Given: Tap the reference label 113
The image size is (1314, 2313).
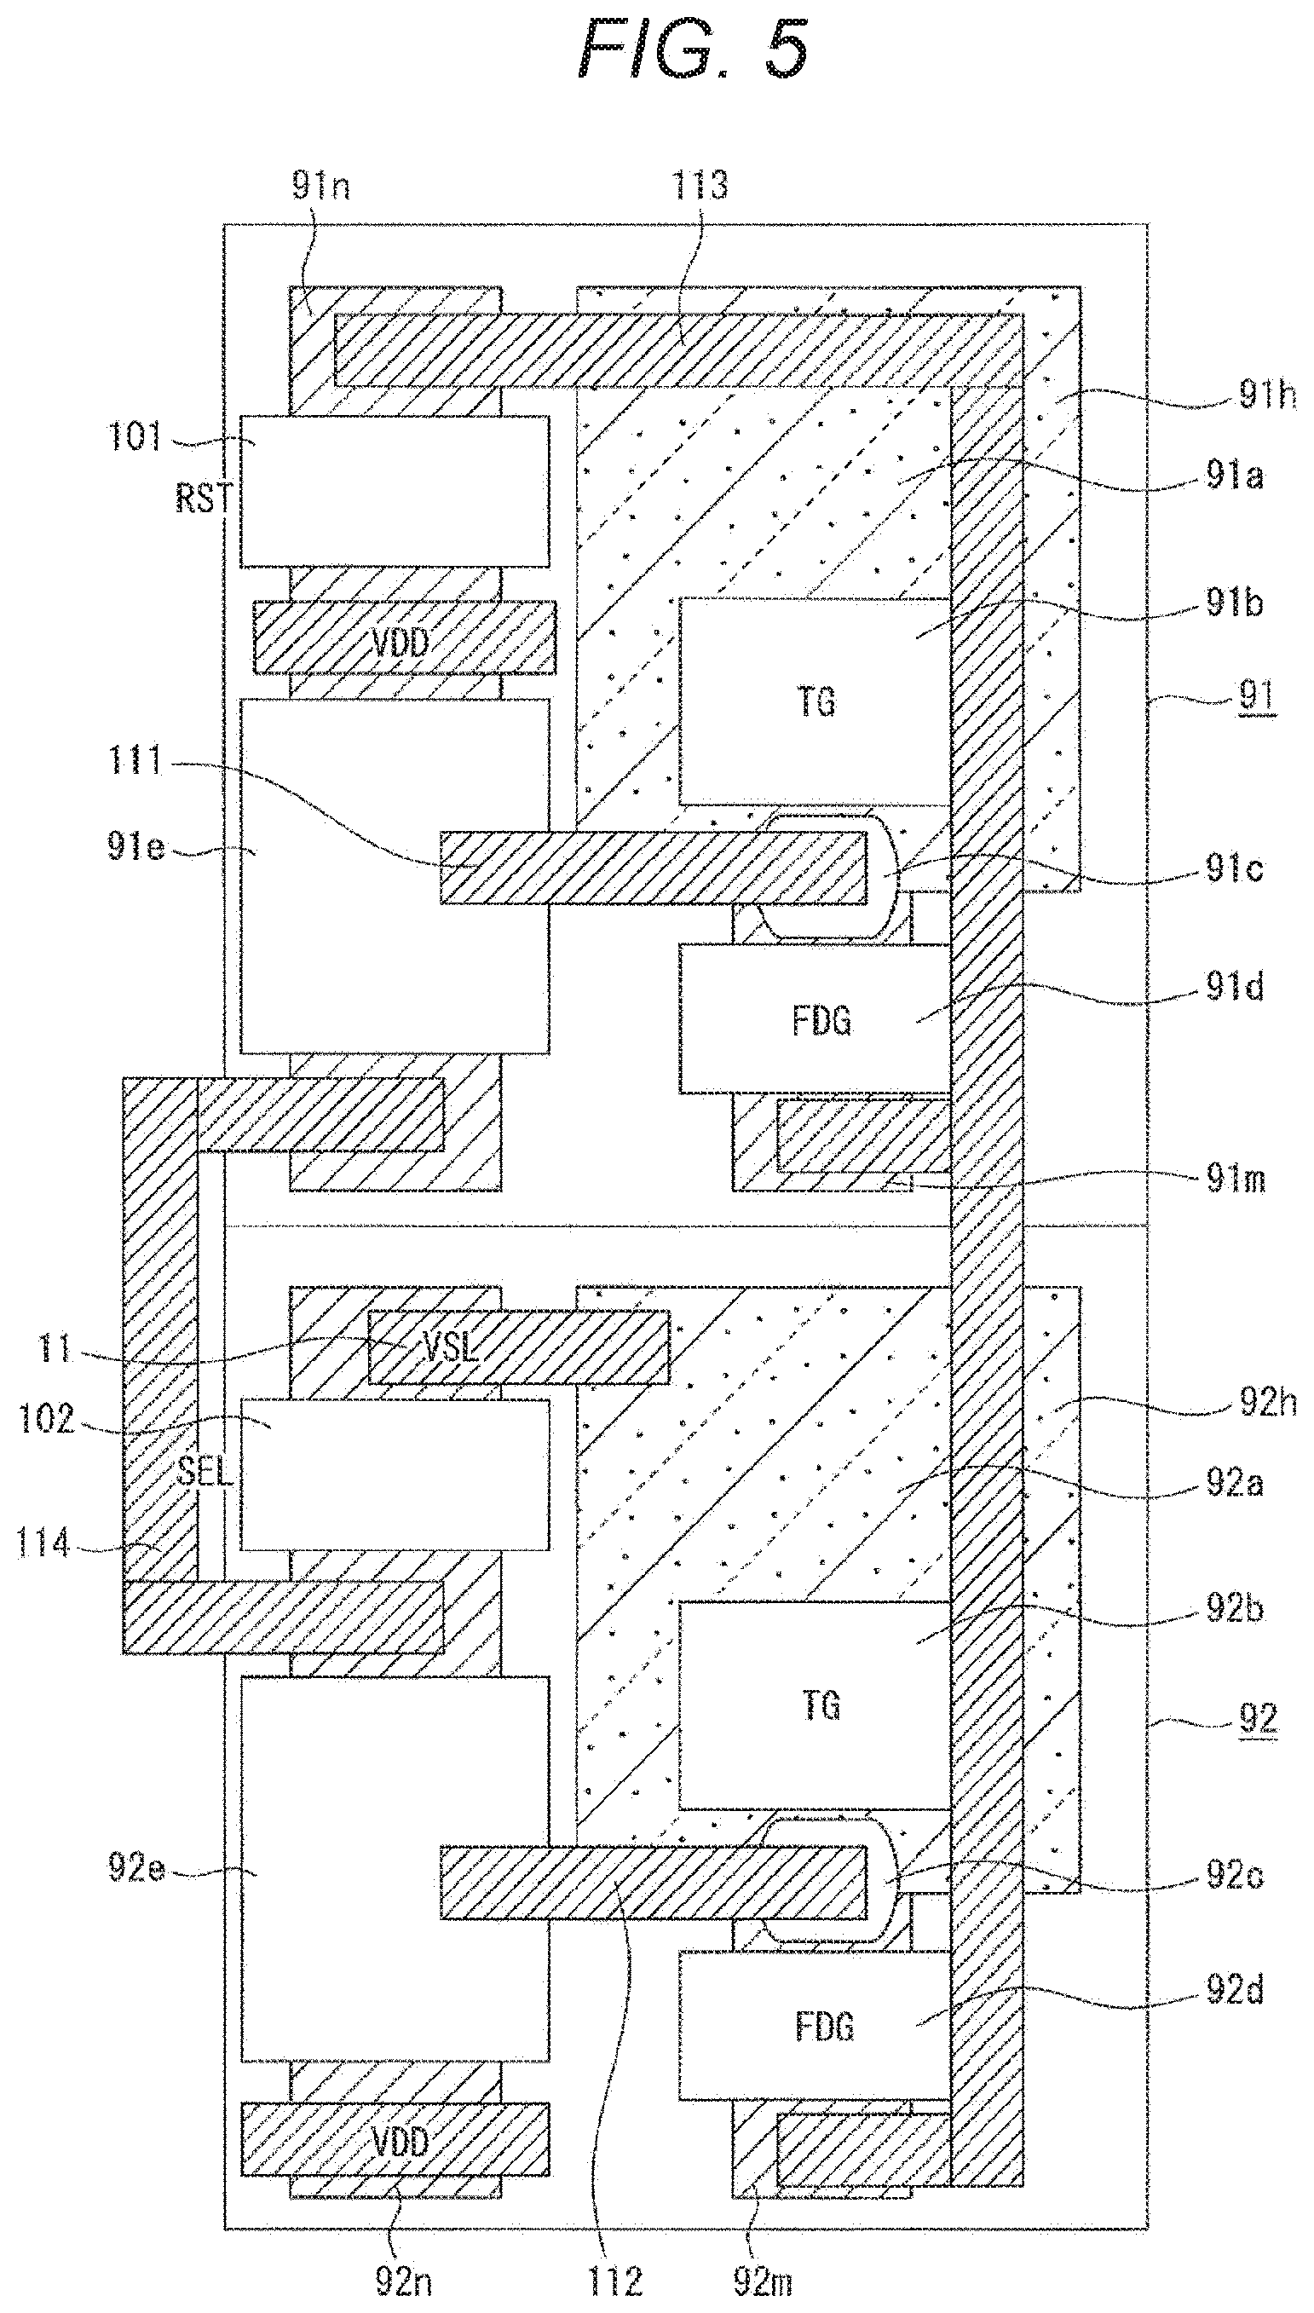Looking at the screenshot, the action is [700, 185].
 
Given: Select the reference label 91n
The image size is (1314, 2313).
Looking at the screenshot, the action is [320, 185].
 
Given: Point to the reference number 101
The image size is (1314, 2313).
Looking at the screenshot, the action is [135, 437].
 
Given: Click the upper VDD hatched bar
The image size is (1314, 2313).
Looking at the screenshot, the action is [404, 637].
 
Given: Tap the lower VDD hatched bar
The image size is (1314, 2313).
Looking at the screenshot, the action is [395, 2140].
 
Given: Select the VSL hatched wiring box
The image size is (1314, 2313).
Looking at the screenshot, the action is [519, 1347].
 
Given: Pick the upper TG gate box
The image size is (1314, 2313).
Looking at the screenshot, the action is [815, 701].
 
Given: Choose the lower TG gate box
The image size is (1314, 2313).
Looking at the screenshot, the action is [815, 1704].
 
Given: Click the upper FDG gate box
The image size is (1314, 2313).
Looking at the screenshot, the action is [815, 1019].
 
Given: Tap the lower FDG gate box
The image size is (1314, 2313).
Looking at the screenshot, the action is [815, 2025].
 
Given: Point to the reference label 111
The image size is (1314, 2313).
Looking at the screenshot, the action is [136, 761].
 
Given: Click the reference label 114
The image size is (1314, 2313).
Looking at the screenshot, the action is [43, 1544].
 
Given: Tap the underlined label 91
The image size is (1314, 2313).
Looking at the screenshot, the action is [1256, 695].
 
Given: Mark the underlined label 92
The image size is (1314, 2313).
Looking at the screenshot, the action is [1258, 1717].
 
